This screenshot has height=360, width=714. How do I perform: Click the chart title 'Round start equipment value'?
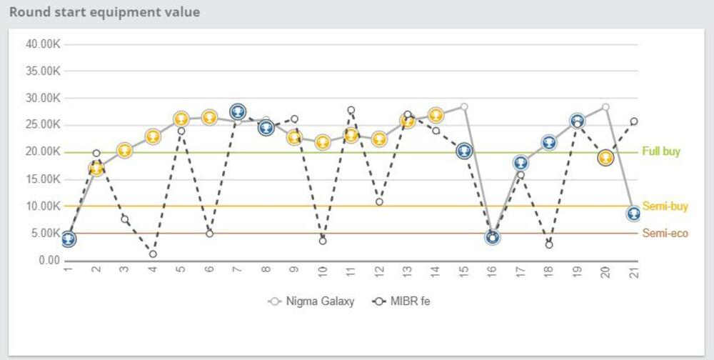(104, 12)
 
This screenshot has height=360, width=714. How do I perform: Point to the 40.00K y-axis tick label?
(43, 44)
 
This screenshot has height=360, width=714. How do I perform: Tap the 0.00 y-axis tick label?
(49, 261)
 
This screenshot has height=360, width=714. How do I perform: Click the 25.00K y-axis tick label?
(43, 125)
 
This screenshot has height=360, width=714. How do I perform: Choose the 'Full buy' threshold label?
(660, 152)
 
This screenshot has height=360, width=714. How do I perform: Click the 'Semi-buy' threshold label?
(665, 206)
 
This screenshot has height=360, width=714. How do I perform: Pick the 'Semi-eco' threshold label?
(665, 234)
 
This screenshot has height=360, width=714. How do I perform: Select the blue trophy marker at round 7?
(238, 111)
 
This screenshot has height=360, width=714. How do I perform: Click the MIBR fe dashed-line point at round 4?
(153, 254)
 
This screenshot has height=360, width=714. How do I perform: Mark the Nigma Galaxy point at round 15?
(464, 106)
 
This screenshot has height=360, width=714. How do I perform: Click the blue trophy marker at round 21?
(633, 214)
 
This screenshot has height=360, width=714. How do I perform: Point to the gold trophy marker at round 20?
(605, 158)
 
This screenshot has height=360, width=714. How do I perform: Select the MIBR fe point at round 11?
(351, 110)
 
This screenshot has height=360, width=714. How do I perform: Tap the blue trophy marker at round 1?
(68, 239)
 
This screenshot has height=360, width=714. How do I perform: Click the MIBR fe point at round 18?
(549, 244)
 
